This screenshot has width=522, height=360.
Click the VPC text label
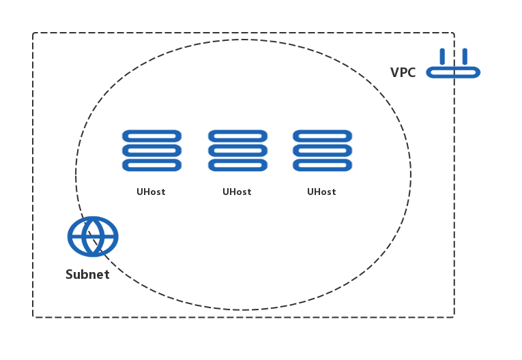coord(403,72)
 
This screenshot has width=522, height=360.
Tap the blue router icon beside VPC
coord(453,65)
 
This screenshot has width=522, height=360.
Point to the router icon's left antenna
coord(442,56)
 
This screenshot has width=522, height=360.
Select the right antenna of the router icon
coord(465,56)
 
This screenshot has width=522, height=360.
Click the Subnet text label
coord(87,275)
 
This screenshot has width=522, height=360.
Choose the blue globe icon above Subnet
coord(93,237)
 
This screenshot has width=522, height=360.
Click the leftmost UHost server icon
coord(151,150)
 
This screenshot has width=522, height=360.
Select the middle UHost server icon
coord(237,150)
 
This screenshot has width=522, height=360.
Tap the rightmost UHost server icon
coord(322,150)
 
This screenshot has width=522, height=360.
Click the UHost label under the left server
coord(151,192)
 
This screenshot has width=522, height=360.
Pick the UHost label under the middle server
coord(237,192)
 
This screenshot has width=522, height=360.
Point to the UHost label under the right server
coord(321,192)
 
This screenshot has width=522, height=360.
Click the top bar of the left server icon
coord(151,136)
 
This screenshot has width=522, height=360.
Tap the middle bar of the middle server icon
coord(237,150)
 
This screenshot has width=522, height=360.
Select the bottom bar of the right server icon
coord(322,165)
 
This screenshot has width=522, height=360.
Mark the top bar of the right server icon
coord(322,136)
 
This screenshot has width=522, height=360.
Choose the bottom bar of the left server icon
coord(151,165)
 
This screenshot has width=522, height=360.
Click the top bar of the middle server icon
coord(237,136)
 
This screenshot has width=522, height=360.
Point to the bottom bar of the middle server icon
coord(237,165)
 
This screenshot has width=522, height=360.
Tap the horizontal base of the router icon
coord(453,72)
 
